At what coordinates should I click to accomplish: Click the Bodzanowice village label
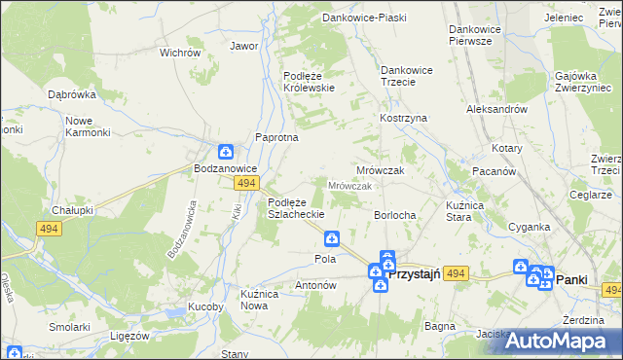226,168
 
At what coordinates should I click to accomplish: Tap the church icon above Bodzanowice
225,151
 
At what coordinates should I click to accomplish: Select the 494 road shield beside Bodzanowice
246,183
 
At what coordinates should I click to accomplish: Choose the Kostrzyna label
404,118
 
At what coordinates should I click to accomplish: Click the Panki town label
571,279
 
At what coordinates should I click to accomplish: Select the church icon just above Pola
332,237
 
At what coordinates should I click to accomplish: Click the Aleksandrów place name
496,110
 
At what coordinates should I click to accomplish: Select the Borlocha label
396,214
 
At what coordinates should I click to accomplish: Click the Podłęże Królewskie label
309,81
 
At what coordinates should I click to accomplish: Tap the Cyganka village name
529,227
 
